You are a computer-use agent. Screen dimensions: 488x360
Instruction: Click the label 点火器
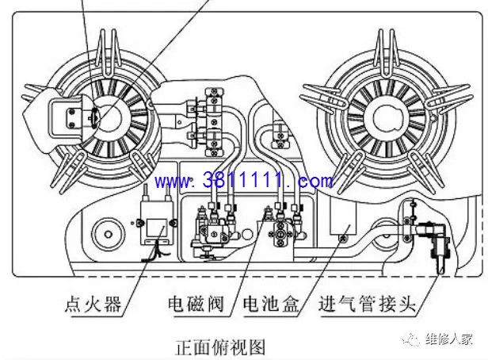93,304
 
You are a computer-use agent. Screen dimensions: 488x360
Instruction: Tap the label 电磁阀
196,304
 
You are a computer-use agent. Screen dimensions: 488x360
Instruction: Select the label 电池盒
271,304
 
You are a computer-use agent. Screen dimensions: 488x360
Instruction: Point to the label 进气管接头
368,304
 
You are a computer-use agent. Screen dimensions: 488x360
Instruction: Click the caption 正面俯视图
220,347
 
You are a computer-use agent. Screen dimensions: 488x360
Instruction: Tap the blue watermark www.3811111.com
244,181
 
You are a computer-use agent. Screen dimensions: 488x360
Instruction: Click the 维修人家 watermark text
449,339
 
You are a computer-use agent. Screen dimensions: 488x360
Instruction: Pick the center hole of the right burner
387,117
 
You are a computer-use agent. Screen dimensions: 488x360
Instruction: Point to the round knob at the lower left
108,234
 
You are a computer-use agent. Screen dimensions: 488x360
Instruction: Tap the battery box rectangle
343,217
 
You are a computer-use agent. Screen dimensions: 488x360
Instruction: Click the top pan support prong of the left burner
108,52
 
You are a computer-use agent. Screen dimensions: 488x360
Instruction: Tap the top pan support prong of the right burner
387,52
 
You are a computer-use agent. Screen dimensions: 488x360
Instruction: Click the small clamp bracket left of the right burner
281,135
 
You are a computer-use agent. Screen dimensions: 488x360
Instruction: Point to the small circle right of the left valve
246,234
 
